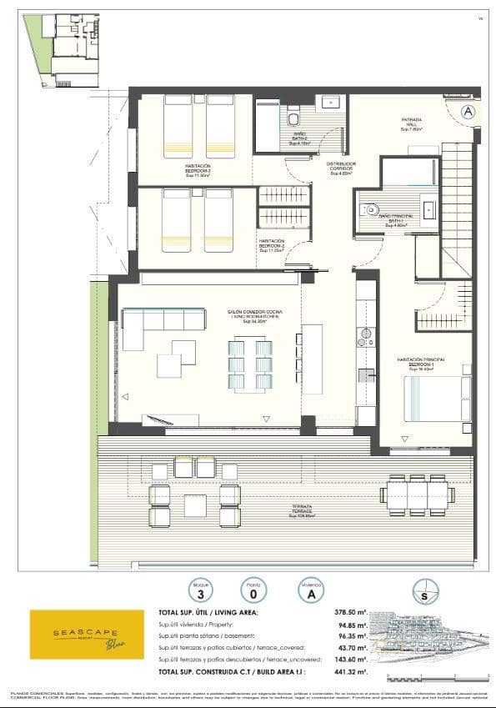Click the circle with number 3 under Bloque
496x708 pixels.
coord(199,590)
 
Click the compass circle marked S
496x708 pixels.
coord(426,594)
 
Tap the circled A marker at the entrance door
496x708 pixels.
coord(468,111)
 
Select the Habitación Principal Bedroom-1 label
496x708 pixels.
coord(422,363)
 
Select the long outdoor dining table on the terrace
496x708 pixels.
coord(417,495)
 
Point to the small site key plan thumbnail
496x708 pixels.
coord(61,50)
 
